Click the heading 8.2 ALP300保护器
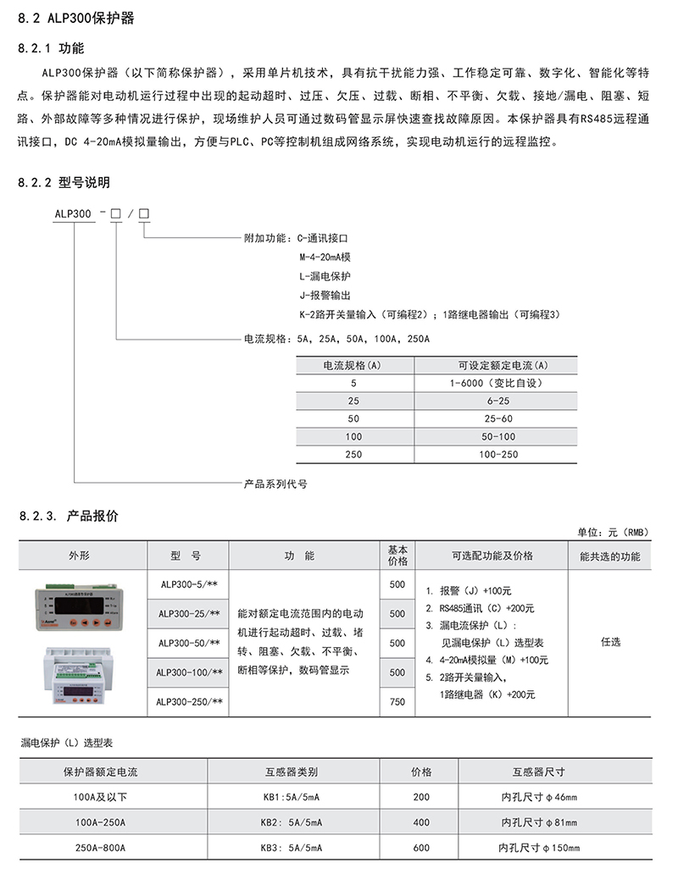click(x=75, y=17)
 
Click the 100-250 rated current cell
click(x=497, y=455)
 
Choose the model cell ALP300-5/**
click(x=189, y=584)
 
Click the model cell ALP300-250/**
click(x=189, y=701)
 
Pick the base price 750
click(x=397, y=701)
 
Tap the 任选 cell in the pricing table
click(x=610, y=642)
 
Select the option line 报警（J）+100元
click(x=475, y=591)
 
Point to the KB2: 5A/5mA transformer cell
click(x=291, y=821)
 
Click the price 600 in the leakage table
click(x=421, y=848)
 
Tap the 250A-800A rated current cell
click(x=100, y=848)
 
